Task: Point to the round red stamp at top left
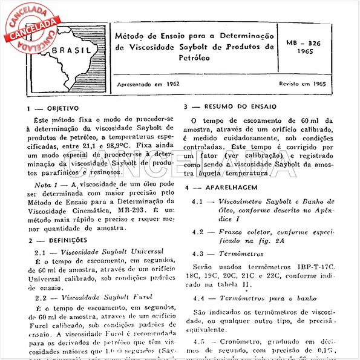pos(28,27)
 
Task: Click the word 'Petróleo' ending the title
pos(194,58)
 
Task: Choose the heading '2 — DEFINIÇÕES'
pos(59,240)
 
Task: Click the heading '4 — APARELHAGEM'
pos(218,188)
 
